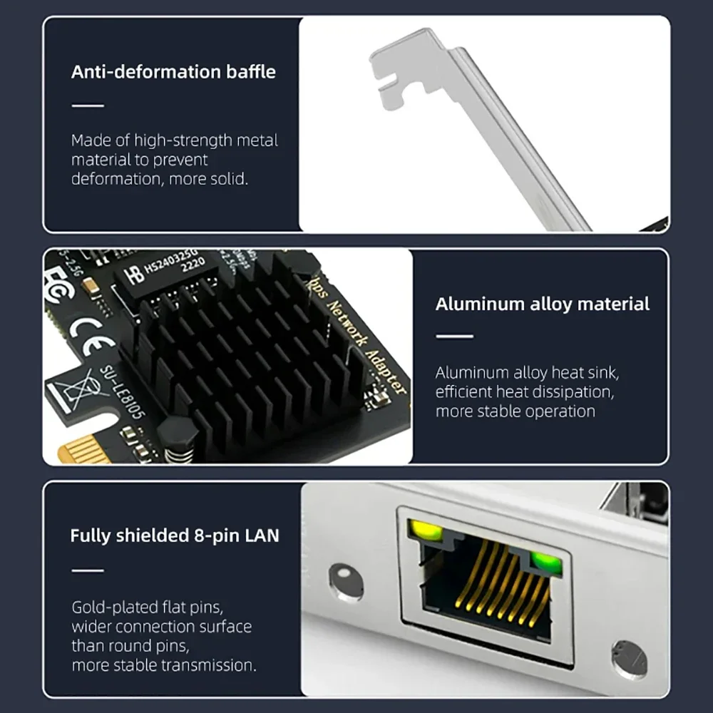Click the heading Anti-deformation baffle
[x=173, y=72]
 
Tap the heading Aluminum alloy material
[x=542, y=304]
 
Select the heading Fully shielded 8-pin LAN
[x=175, y=535]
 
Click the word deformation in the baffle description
[x=116, y=179]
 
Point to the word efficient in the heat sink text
[x=468, y=391]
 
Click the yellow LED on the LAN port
[x=424, y=531]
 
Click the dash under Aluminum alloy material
[x=453, y=337]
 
